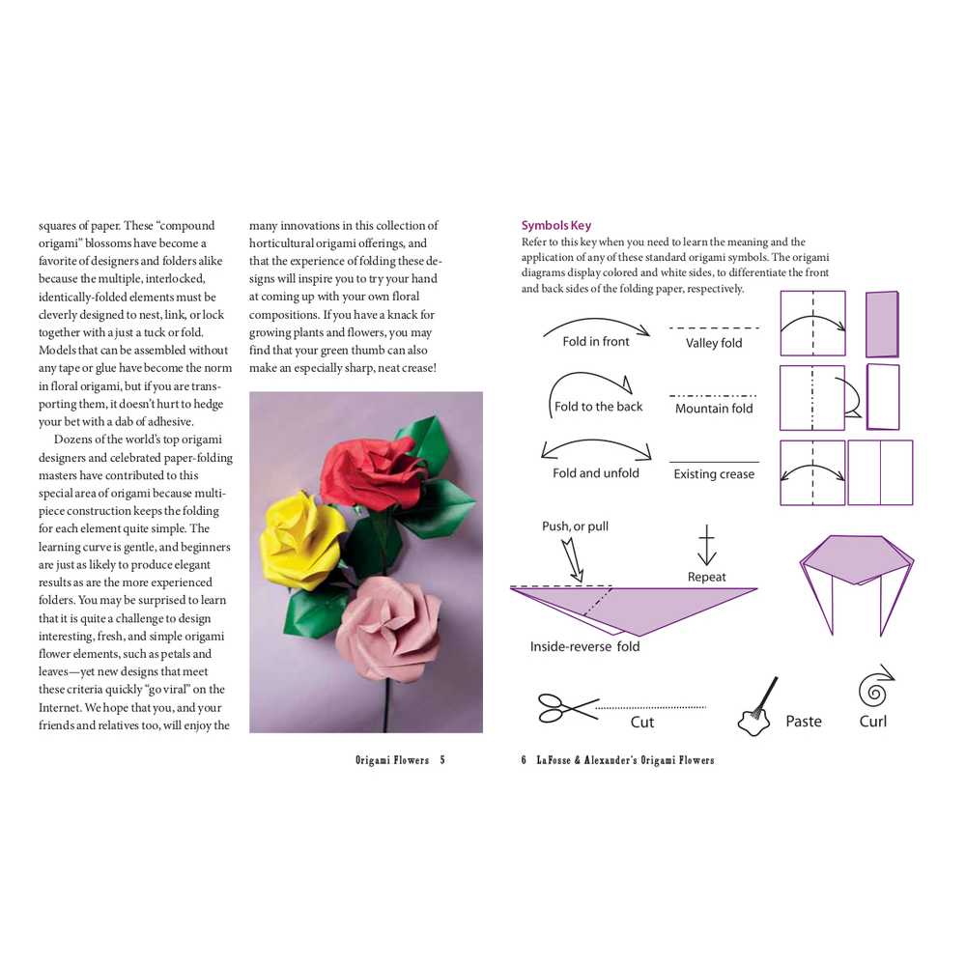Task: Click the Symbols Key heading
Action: click(x=556, y=225)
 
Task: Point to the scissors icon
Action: click(x=568, y=708)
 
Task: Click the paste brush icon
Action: click(x=756, y=707)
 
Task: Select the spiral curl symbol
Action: click(x=875, y=686)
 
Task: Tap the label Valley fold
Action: click(x=714, y=343)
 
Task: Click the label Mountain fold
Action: click(x=714, y=409)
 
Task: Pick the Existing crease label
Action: click(x=714, y=473)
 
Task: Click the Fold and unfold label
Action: click(x=596, y=473)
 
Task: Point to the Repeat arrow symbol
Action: click(x=707, y=545)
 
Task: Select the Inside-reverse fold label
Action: click(x=584, y=646)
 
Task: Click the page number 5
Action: click(x=442, y=760)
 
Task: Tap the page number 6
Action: click(x=524, y=760)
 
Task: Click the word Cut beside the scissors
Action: click(x=642, y=722)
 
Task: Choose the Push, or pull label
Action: click(x=575, y=526)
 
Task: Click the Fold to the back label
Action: click(x=598, y=407)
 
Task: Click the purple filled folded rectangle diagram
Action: click(x=882, y=324)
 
